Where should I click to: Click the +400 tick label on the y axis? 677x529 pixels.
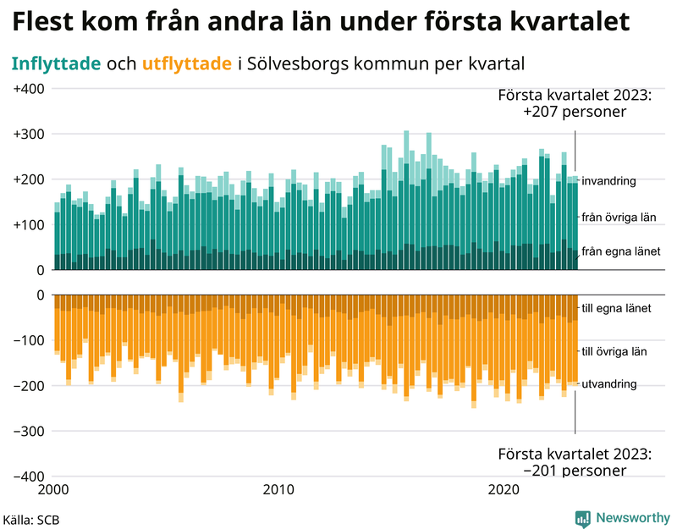click(x=30, y=89)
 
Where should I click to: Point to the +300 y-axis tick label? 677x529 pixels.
click(x=30, y=135)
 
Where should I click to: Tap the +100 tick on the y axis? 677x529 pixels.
click(x=30, y=225)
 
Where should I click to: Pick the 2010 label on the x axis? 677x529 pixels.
click(x=278, y=490)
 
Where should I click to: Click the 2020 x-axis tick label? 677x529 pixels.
click(x=504, y=490)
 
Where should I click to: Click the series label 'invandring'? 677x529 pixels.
click(x=609, y=181)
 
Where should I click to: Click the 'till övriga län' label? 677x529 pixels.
click(x=615, y=350)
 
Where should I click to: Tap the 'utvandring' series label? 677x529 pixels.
click(x=609, y=384)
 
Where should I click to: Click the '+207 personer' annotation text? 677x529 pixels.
click(x=575, y=112)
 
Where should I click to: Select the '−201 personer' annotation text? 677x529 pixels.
click(x=575, y=471)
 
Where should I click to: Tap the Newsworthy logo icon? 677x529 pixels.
click(x=582, y=517)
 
